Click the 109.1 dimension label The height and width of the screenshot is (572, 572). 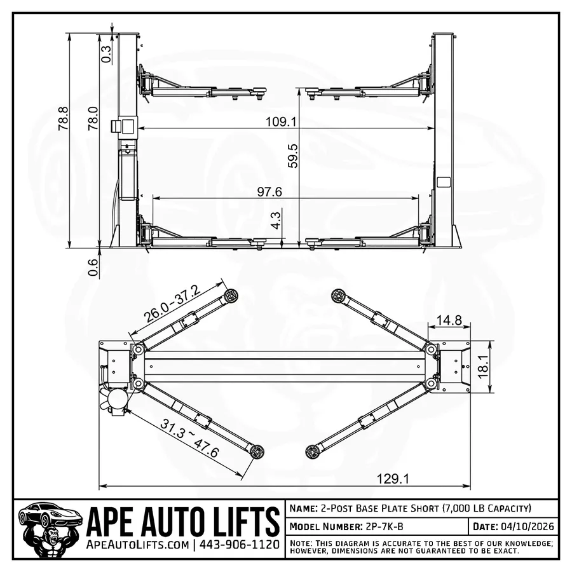coord(285,121)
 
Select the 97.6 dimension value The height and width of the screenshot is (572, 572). coord(269,191)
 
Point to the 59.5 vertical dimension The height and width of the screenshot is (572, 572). coord(293,155)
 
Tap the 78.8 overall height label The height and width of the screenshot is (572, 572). coord(62,119)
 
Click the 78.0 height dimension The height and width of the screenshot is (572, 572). coord(93,119)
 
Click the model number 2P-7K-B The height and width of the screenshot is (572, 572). coord(383,527)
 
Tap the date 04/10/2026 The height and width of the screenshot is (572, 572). coord(528,527)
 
